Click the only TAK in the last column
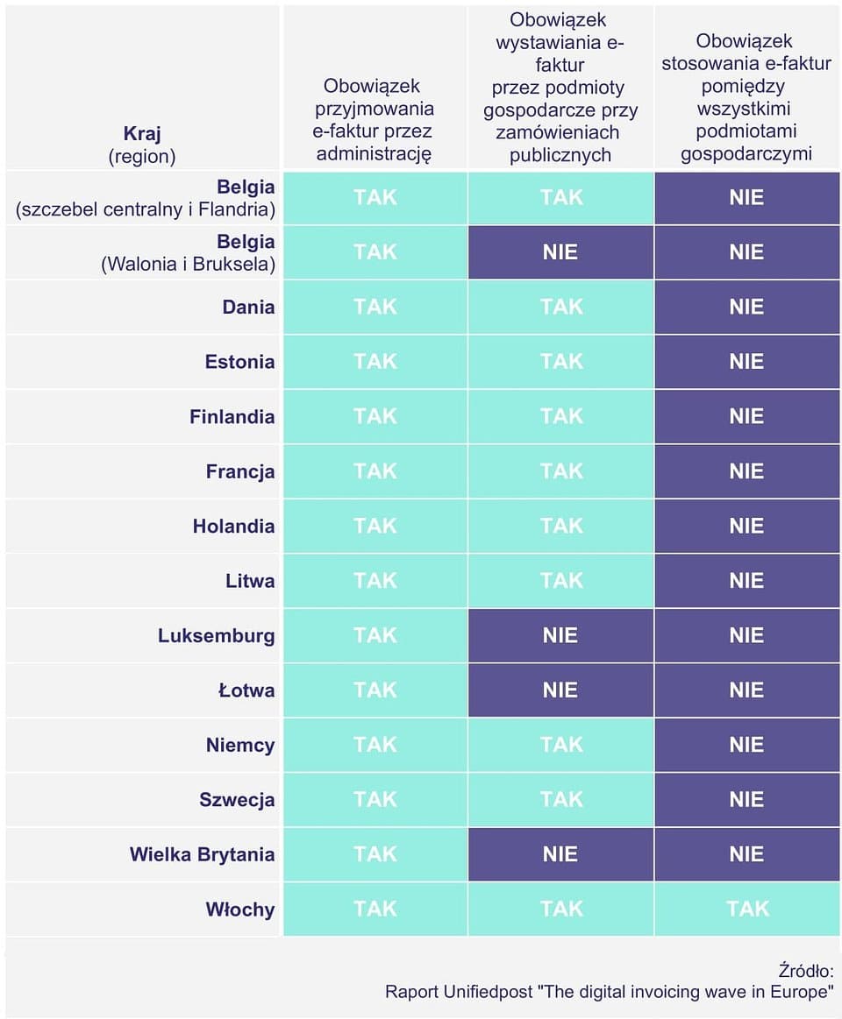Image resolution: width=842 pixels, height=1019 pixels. point(747,909)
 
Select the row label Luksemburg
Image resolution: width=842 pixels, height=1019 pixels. point(216,635)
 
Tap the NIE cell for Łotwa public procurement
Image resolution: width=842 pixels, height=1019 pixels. point(560,690)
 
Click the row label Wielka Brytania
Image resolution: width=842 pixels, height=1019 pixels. point(202,854)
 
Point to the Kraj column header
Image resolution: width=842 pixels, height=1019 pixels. point(142,134)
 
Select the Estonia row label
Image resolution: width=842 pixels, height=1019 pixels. point(239,361)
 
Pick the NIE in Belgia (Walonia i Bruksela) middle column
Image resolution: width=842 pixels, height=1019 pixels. point(560,252)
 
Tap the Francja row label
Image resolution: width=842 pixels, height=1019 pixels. point(240,471)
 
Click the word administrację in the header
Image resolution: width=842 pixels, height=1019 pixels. point(374,154)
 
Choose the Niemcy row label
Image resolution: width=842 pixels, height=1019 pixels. point(240,745)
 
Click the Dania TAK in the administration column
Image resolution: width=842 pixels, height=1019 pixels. point(375,307)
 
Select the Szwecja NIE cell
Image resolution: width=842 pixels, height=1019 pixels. point(747,799)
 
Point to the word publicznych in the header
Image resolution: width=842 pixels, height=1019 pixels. point(560,155)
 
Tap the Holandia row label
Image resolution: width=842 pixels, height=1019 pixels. point(233,526)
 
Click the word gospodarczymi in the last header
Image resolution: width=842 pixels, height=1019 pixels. point(746,154)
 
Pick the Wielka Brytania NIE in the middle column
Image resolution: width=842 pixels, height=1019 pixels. point(560,854)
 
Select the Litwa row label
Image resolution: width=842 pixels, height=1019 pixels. point(250,580)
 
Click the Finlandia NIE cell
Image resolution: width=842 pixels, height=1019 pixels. point(747,416)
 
